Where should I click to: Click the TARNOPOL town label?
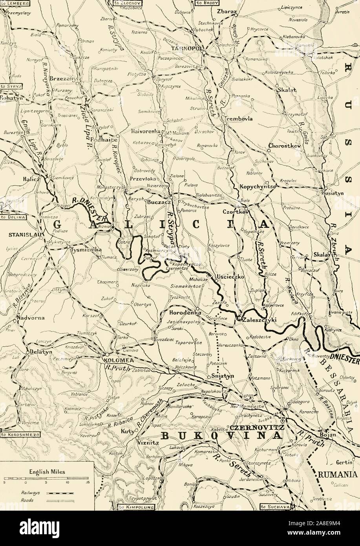click(x=183, y=48)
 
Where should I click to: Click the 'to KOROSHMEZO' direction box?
click(x=15, y=435)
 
